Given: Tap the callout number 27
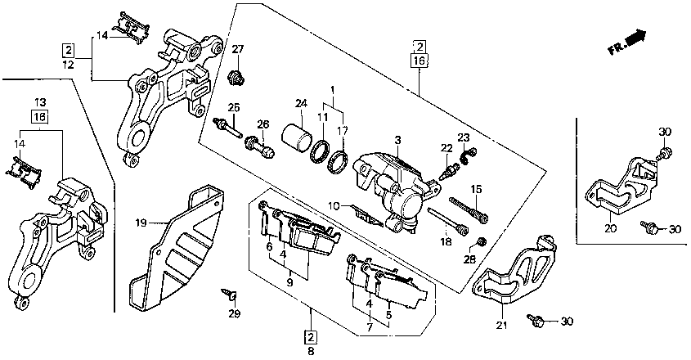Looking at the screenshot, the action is point(237,49).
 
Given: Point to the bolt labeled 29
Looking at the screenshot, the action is point(230,293).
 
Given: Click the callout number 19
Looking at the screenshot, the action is point(141,223).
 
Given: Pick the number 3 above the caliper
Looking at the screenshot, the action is point(397,141).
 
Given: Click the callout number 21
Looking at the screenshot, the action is point(501,326).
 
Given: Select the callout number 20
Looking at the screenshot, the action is point(610,228).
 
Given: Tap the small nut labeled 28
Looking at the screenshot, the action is point(482,241).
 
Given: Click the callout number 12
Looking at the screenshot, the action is point(69,65).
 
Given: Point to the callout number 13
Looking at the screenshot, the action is point(40,103).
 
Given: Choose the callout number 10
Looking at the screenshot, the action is point(334,205).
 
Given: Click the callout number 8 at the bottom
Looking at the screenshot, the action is point(311,352).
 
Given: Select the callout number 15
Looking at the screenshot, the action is point(476,189).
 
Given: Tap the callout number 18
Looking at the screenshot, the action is point(446,241).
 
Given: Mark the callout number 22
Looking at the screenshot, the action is point(446,149).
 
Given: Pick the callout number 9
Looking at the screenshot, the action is point(289,282).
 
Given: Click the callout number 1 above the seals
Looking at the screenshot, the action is point(333,91).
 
